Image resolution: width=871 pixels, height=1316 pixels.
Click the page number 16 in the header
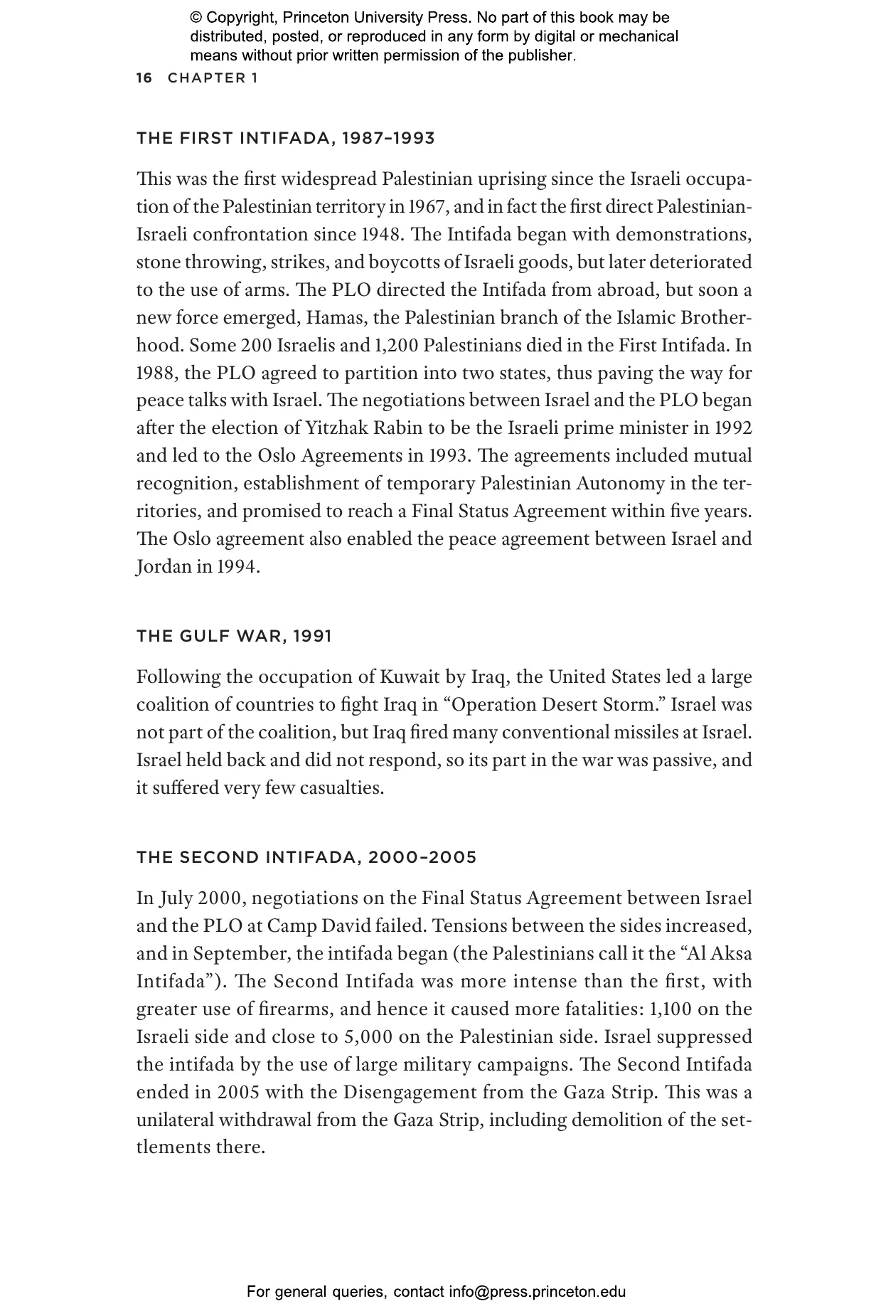point(144,78)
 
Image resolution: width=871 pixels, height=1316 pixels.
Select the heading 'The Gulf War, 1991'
point(234,636)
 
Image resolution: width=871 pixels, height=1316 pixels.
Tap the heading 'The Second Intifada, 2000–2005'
point(306,857)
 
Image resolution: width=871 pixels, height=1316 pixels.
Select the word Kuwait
point(410,676)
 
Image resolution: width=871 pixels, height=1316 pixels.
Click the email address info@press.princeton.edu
point(537,1292)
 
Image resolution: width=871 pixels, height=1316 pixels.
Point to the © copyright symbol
point(196,18)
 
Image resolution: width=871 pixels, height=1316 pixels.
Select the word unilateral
point(174,1120)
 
